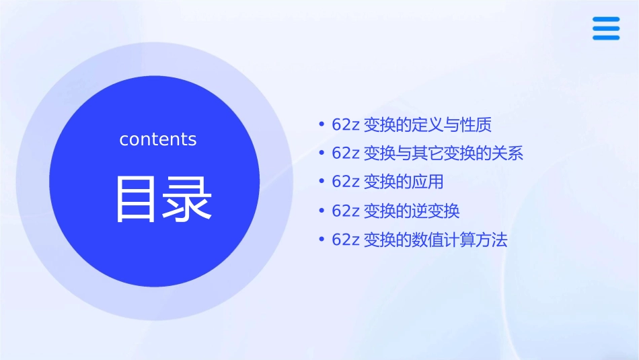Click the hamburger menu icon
tap(605, 28)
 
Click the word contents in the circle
tap(158, 139)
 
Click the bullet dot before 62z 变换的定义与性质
tap(322, 125)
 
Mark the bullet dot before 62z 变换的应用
tap(322, 182)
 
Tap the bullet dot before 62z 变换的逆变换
tap(322, 211)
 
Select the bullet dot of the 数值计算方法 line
tap(322, 240)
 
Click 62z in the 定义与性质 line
tap(346, 125)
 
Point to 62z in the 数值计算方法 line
tap(346, 240)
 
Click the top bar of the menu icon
tap(605, 20)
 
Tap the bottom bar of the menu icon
tap(605, 37)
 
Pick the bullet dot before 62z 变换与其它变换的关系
tap(322, 153)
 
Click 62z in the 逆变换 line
tap(346, 211)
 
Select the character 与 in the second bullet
tap(402, 153)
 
